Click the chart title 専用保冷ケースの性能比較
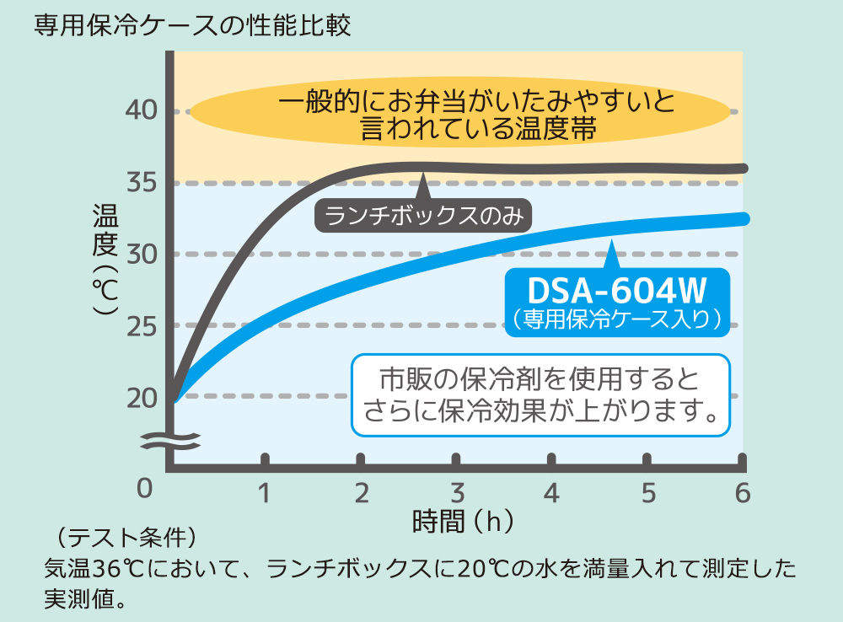(x=192, y=24)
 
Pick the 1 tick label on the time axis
(x=265, y=493)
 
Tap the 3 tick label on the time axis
(x=457, y=493)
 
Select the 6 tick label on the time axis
(x=743, y=493)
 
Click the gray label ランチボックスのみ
(x=424, y=217)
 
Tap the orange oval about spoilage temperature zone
(x=460, y=115)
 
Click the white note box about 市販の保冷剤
(x=540, y=395)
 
